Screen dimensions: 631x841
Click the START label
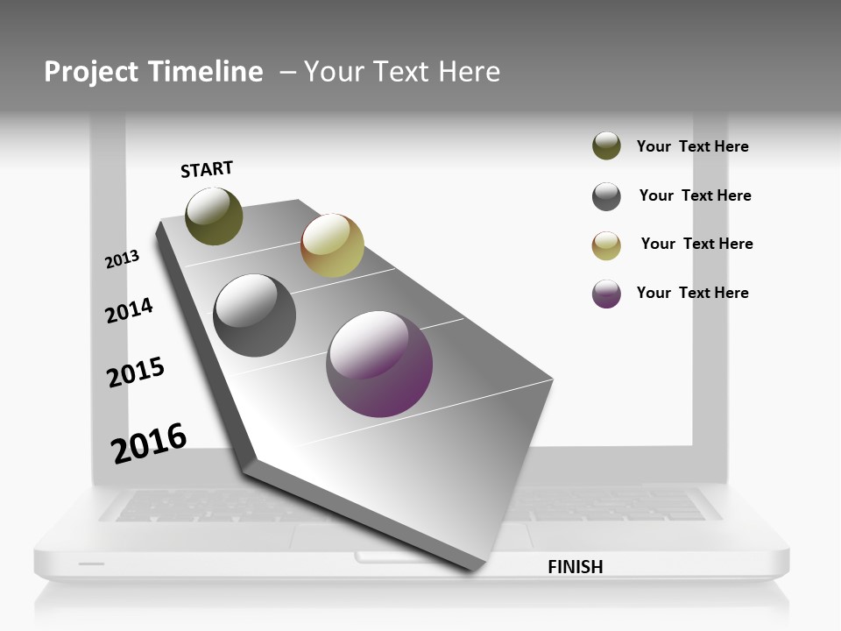tap(207, 169)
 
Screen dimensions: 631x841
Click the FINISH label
tap(575, 567)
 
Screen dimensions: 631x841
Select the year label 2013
tap(122, 259)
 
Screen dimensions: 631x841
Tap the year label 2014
tap(129, 310)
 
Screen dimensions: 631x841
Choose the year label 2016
tap(149, 443)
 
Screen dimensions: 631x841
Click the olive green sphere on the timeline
tap(214, 216)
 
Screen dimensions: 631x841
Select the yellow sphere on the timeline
tap(332, 245)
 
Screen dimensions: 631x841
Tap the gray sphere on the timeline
tap(255, 315)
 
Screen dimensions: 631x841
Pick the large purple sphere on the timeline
tap(379, 364)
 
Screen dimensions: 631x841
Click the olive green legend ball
tap(606, 146)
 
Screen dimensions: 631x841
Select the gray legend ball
tap(606, 196)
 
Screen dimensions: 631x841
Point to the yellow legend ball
tap(606, 245)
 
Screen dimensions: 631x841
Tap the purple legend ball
tap(606, 294)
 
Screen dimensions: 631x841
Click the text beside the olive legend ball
tap(692, 147)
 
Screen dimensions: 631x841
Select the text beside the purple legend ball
tap(692, 293)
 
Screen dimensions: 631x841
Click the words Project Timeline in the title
tap(153, 72)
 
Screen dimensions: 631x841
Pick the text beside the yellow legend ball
tap(696, 244)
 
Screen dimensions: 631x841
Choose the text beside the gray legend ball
tap(695, 195)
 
